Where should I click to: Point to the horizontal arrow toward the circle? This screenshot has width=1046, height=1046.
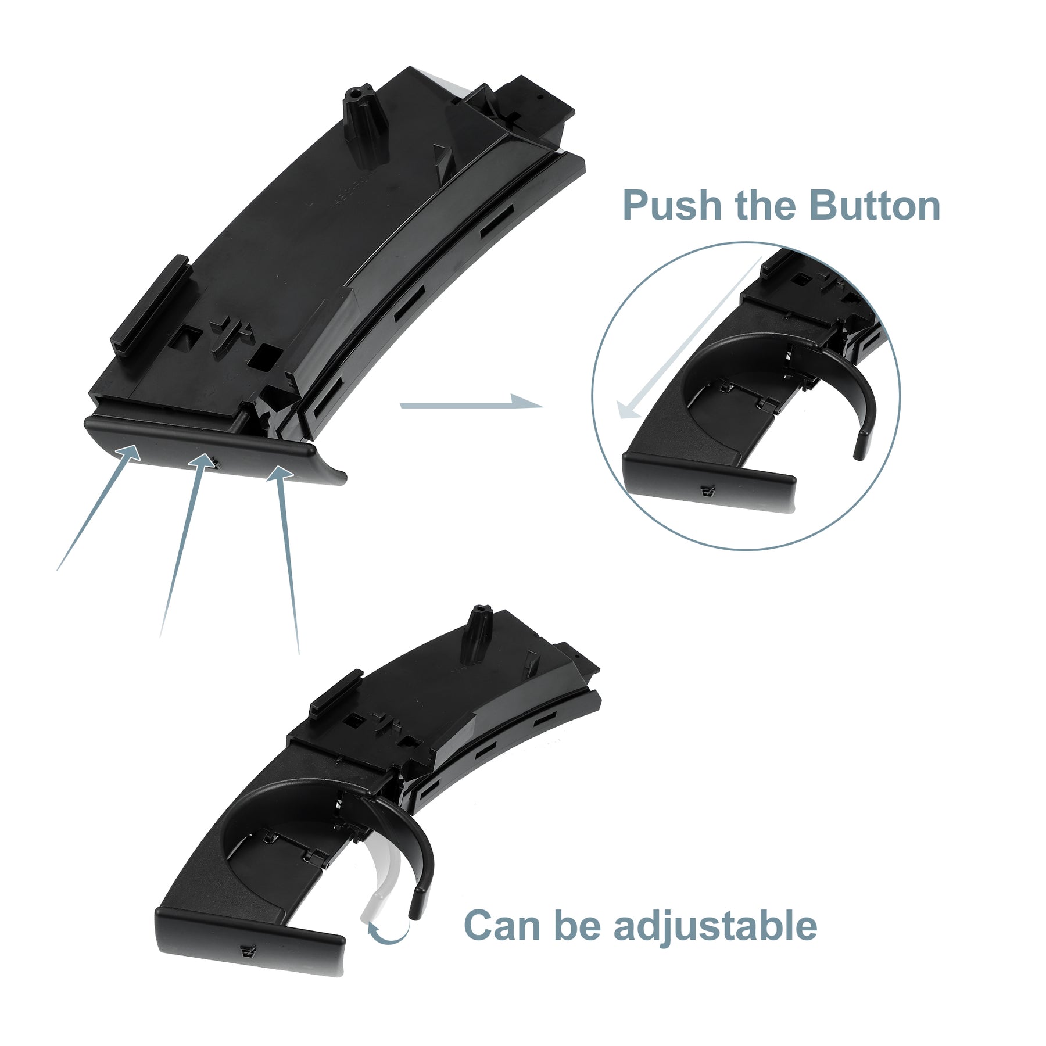(471, 403)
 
